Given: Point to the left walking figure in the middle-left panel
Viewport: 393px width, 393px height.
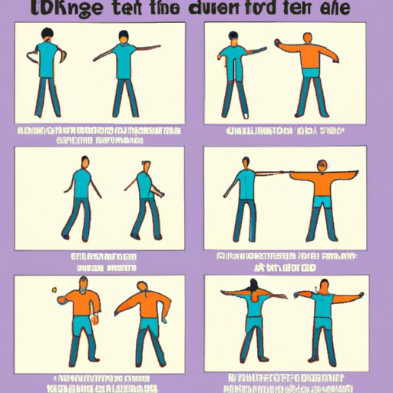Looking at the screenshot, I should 79,200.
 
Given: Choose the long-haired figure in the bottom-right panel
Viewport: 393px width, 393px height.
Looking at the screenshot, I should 254,319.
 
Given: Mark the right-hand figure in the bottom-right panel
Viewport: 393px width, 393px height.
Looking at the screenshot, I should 325,319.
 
